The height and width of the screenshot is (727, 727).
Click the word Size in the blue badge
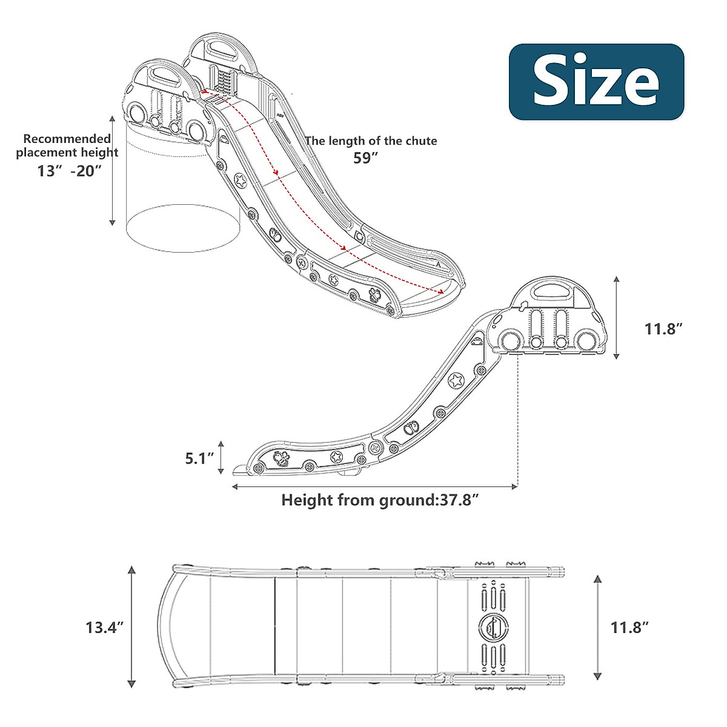coord(596,82)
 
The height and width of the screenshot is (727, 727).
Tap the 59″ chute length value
coord(366,158)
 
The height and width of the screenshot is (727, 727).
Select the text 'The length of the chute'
coord(371,141)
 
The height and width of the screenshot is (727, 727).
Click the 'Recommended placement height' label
coord(67,145)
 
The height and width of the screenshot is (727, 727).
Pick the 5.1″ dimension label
coord(200,458)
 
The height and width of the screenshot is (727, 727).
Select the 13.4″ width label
coord(104,627)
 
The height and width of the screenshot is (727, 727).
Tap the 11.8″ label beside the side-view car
coord(663,329)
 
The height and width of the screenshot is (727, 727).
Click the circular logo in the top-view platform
coord(493,627)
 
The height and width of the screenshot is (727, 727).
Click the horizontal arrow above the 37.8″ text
coord(375,486)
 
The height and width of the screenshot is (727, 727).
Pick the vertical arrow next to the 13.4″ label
coord(131,627)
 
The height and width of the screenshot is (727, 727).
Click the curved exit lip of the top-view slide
coord(167,627)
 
